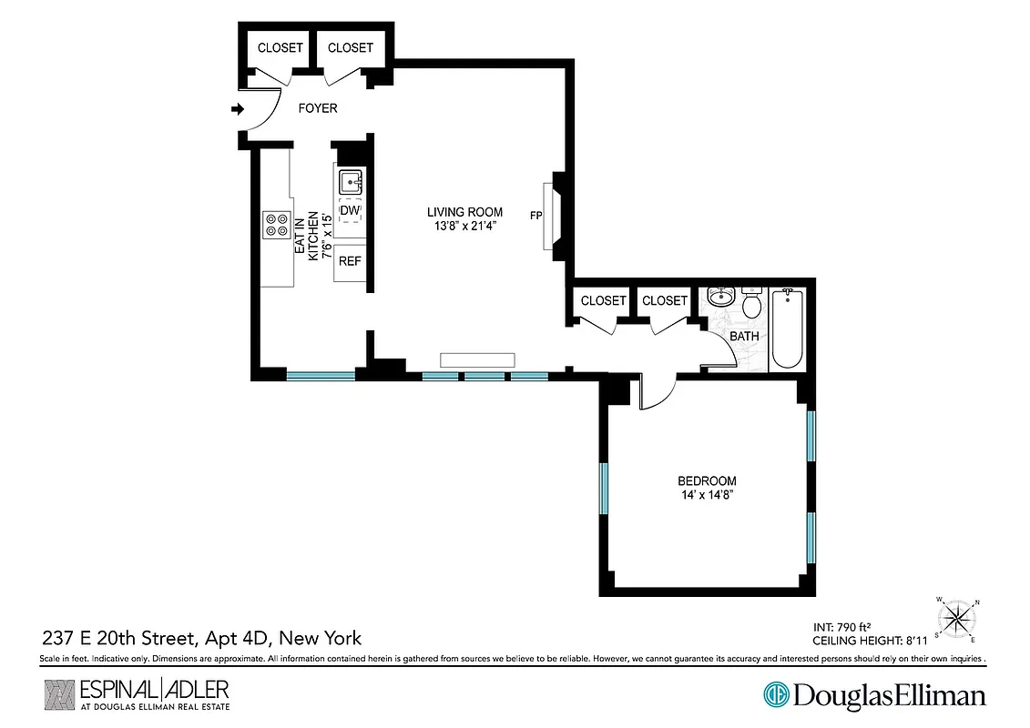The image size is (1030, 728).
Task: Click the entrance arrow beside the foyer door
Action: (238, 109)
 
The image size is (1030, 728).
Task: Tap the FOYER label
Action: (318, 108)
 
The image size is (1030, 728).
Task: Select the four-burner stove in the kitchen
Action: (276, 225)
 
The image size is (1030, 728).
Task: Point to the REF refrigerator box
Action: (351, 261)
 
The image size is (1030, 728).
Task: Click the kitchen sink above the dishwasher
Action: (351, 180)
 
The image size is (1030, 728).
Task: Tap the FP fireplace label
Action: (536, 217)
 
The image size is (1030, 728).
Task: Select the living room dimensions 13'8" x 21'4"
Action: (464, 226)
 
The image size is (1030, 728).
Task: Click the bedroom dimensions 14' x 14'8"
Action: (707, 495)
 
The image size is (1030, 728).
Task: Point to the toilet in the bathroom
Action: (752, 306)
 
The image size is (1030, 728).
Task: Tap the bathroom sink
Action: (722, 297)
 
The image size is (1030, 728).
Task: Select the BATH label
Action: (744, 337)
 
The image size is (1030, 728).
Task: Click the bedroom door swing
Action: (658, 392)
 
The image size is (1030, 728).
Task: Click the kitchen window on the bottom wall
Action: (321, 375)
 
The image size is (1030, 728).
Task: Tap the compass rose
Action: (956, 620)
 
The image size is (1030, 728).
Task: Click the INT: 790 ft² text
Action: (843, 627)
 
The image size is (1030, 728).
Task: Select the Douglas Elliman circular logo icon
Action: (776, 696)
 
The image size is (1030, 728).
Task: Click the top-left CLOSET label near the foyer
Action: (280, 48)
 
